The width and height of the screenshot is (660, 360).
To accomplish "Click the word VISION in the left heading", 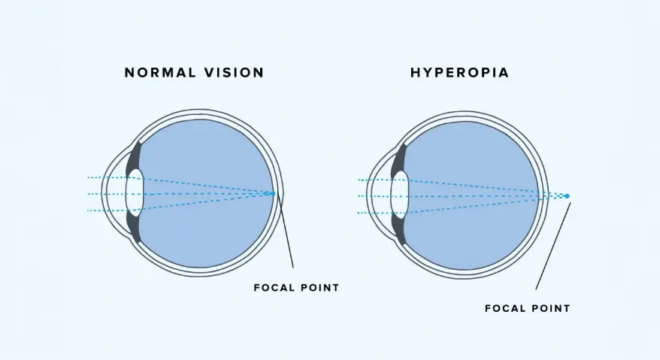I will click(235, 73).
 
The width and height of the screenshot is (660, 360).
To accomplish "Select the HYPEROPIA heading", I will click(459, 73).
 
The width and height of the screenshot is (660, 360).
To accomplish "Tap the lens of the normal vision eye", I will click(135, 194).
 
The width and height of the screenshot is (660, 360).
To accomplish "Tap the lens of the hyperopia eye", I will click(400, 196).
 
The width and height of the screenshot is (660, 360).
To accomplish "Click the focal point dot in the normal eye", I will click(274, 193).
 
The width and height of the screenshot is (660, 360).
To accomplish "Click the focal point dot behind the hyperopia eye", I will click(568, 196).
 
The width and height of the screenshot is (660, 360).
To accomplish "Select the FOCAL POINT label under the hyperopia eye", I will click(527, 308).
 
